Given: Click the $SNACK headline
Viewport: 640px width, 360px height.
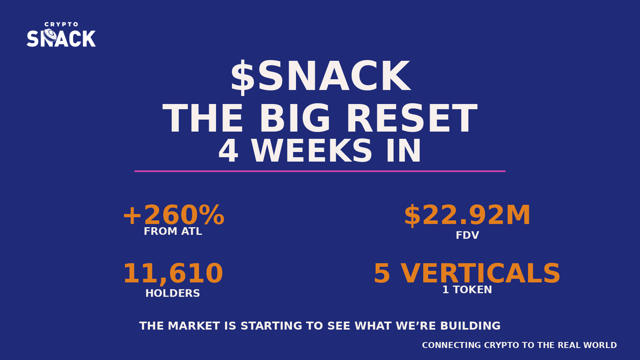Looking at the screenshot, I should [x=320, y=78].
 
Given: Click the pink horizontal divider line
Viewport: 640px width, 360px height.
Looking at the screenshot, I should [x=320, y=171].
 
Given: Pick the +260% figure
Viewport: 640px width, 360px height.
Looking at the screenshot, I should [x=173, y=215].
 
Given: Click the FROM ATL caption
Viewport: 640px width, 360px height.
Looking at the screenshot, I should [x=173, y=232].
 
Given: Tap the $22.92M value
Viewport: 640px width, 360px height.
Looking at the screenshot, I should [x=467, y=215].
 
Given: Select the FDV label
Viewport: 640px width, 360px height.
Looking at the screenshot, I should [x=467, y=235].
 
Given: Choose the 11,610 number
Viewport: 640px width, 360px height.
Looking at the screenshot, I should [x=173, y=273].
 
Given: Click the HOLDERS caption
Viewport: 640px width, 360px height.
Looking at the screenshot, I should [x=173, y=293].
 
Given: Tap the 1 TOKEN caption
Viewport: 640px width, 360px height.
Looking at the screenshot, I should [x=467, y=290].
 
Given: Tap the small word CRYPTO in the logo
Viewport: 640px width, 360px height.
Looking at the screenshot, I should [x=61, y=25].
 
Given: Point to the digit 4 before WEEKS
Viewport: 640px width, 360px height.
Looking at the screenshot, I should [x=228, y=151].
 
